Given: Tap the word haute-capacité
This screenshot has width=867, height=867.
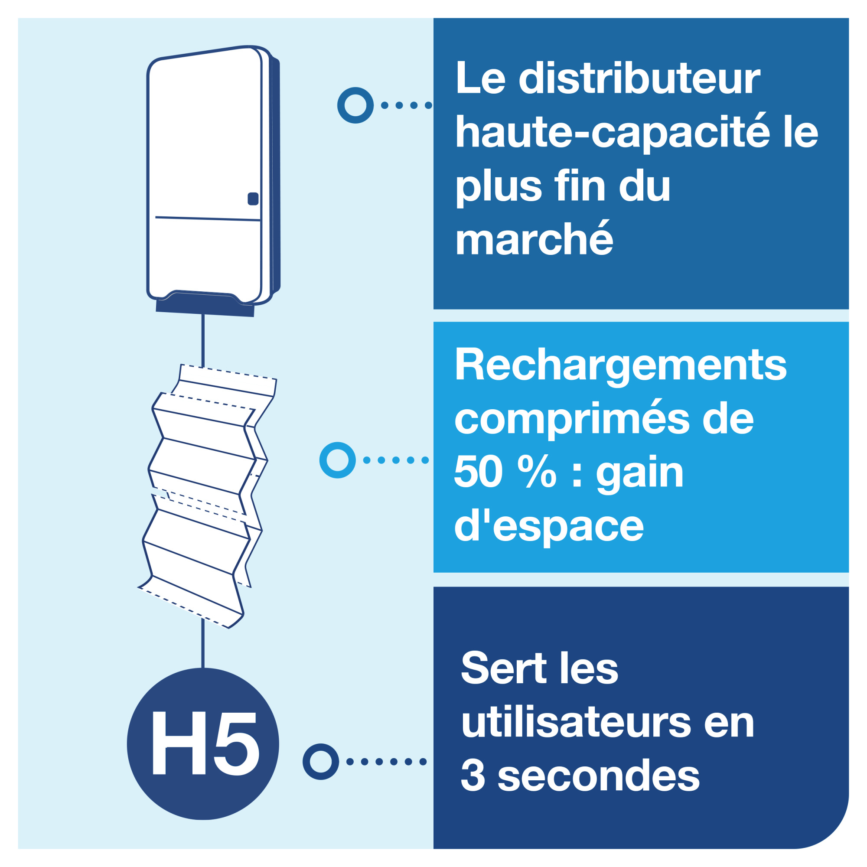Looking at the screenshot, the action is [613, 133].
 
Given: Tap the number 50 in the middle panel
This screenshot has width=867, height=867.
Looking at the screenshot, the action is [479, 473].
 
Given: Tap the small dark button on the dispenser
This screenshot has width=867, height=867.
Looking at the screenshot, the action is [253, 199].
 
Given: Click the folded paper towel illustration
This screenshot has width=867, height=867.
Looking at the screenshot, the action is [206, 496].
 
